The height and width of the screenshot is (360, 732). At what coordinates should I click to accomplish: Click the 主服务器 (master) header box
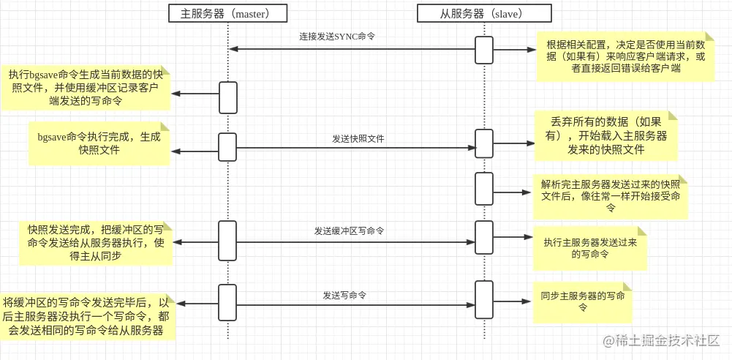coord(228,14)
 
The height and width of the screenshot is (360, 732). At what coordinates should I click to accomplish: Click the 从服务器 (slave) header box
coord(484,14)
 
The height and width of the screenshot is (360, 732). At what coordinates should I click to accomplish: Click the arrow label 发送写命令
coord(344,295)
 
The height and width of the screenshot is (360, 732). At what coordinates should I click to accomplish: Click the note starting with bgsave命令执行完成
coord(99,143)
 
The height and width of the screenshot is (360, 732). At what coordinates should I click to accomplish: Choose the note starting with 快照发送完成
coord(95,241)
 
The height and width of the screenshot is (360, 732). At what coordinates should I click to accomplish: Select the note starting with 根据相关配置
coord(625,56)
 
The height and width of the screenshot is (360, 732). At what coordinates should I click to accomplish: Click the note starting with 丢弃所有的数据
coord(606,135)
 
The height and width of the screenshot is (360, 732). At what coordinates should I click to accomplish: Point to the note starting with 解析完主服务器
coord(611,196)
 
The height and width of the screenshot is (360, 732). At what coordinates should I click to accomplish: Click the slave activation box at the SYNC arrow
coord(484,50)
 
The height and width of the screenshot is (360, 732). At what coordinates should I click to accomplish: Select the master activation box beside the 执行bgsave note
coord(228,97)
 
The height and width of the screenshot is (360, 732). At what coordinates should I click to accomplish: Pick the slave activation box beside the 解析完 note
coord(484,189)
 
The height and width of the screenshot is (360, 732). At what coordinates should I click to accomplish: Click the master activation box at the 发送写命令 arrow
coord(228,302)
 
